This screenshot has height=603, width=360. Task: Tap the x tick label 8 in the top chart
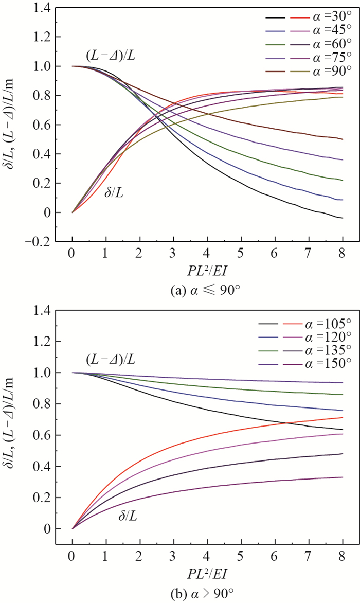(343, 255)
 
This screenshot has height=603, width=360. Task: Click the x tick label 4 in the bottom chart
(207, 557)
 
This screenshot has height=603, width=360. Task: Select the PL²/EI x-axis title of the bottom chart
(207, 573)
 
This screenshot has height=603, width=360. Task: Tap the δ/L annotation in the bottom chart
(126, 514)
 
